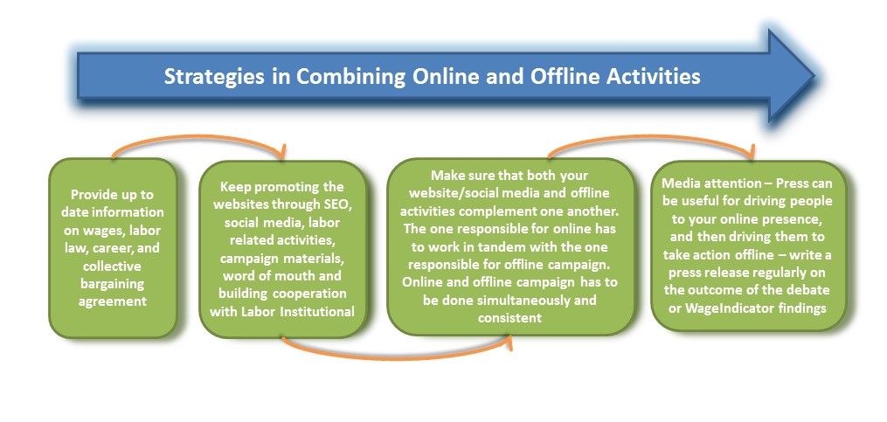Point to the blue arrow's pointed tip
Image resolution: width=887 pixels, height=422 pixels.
814,75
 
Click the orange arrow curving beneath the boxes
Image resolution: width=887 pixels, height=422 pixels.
396,356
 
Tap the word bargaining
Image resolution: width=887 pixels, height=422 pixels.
112,283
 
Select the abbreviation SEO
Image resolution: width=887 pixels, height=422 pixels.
339,204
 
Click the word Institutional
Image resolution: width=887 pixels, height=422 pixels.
319,311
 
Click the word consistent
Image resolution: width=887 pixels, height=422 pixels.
509,317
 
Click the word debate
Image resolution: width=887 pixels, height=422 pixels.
810,290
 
